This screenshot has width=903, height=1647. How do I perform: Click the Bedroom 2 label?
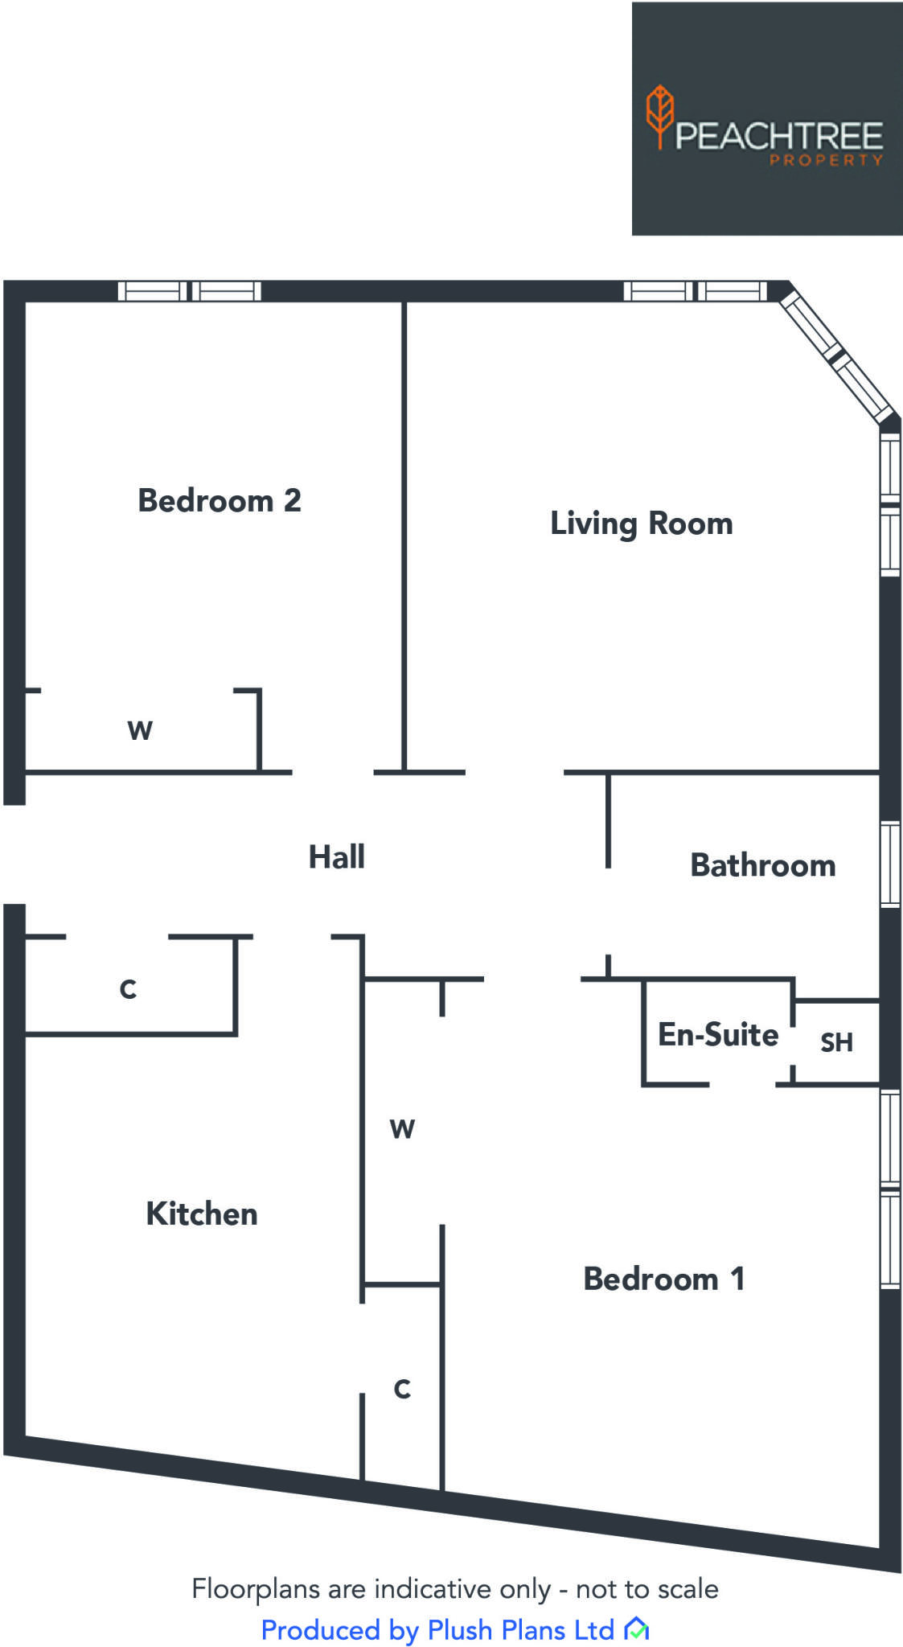click(220, 500)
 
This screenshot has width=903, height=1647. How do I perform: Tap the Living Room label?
click(641, 524)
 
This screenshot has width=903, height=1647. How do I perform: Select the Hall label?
click(337, 856)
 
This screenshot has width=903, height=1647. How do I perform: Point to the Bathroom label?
click(762, 865)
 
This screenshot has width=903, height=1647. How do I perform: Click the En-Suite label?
click(718, 1034)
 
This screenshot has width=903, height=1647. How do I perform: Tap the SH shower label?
click(836, 1042)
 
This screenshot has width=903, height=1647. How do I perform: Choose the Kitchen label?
click(202, 1214)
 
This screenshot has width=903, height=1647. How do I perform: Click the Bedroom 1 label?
click(664, 1279)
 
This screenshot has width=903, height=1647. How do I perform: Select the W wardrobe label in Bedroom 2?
click(140, 730)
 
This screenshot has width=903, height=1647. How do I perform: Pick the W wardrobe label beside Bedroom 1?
click(402, 1129)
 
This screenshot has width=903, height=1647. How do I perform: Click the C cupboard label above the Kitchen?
click(128, 988)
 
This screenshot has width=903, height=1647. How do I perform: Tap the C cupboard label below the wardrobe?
click(402, 1389)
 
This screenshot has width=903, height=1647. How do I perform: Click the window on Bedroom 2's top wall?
click(190, 290)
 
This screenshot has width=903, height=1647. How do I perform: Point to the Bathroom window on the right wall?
click(889, 865)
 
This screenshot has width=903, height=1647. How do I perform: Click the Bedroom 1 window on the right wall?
click(889, 1189)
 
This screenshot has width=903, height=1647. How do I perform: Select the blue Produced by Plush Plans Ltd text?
click(437, 1630)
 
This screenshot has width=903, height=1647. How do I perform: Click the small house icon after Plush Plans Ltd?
click(636, 1629)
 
